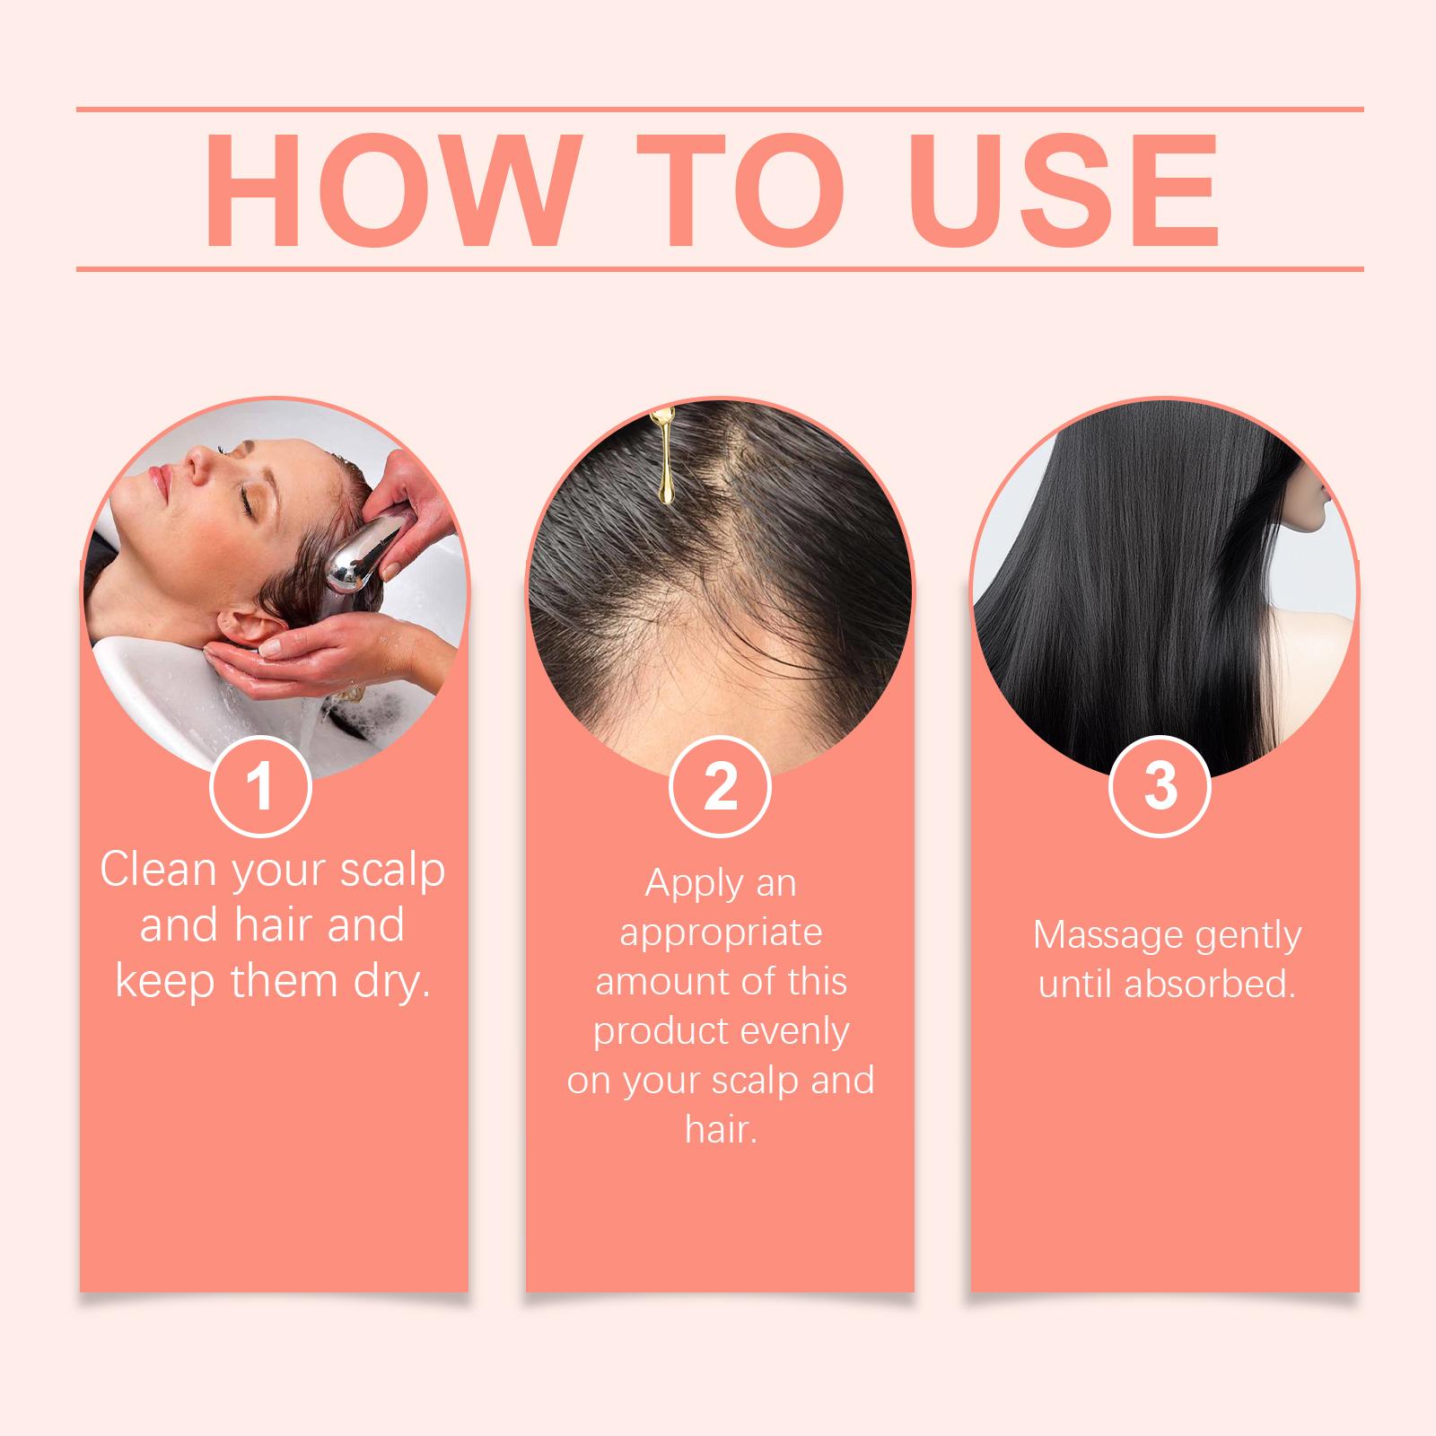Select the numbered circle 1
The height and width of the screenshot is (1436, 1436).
260,786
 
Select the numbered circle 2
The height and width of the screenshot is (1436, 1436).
720,786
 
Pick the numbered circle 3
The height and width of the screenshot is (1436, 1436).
1160,786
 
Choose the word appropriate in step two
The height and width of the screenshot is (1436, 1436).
721,933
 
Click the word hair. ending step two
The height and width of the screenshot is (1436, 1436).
722,1129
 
